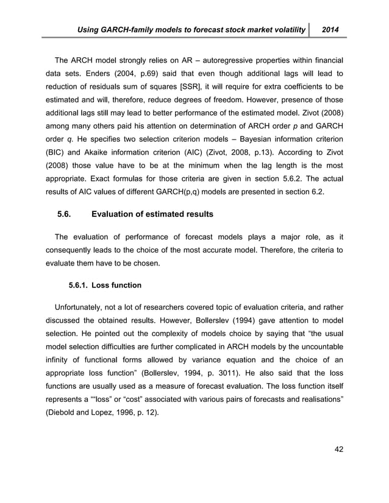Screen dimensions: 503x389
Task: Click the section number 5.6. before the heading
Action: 67,214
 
